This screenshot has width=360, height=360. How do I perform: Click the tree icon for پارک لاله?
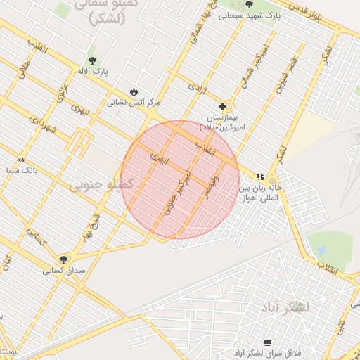click(93, 60)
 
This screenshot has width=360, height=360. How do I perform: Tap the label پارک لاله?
click(93, 71)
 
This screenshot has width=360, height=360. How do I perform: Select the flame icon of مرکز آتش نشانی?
click(134, 91)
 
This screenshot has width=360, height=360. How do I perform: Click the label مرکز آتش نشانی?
click(134, 103)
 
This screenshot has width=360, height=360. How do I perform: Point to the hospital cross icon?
click(223, 106)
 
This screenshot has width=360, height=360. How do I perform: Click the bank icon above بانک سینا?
click(21, 160)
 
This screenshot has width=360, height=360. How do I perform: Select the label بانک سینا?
click(21, 170)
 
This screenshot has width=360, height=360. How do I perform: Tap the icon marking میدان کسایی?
click(64, 259)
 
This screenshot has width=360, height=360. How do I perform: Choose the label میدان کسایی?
click(64, 270)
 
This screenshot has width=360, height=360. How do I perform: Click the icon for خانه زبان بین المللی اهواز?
click(259, 177)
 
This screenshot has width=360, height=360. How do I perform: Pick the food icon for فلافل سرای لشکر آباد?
click(268, 342)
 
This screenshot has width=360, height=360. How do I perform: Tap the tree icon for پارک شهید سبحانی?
click(249, 4)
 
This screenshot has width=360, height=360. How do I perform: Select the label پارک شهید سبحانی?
click(248, 15)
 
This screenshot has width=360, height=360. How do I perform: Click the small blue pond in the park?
click(322, 250)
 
